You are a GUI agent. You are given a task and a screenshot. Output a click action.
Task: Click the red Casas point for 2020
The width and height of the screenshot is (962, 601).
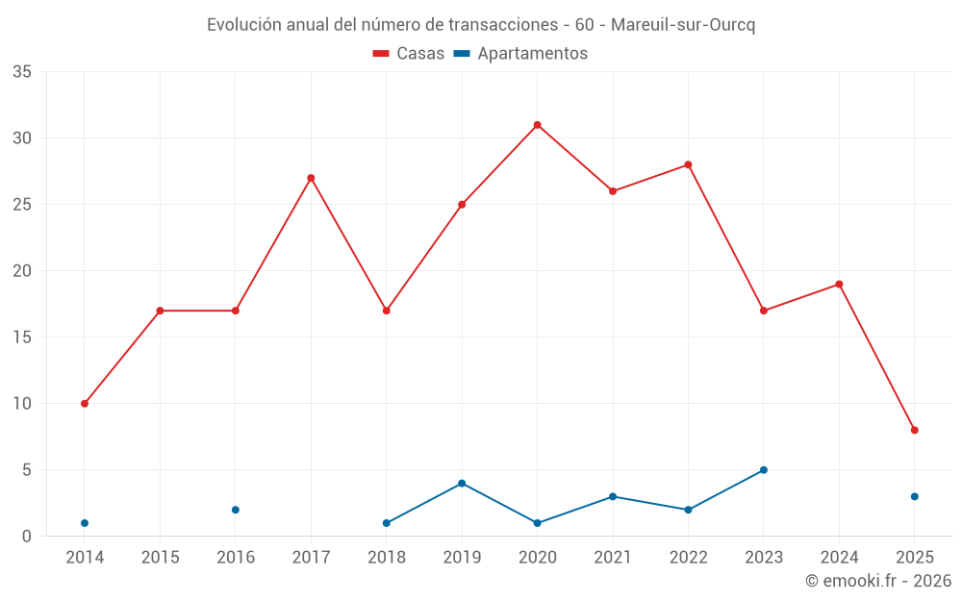[x=538, y=125]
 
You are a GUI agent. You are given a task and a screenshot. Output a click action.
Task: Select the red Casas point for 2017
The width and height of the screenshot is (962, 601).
[x=311, y=178]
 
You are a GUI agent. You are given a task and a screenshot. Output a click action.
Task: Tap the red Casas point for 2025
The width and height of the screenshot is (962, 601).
[x=915, y=430]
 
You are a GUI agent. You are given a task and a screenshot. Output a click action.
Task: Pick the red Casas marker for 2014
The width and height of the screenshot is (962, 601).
[x=85, y=404]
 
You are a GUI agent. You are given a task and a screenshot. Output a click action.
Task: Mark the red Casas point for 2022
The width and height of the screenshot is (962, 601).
[x=689, y=164]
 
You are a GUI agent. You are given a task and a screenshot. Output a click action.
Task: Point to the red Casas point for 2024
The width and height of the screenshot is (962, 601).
[x=839, y=285]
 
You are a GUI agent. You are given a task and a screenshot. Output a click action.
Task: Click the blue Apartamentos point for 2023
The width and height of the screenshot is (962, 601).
[x=764, y=470]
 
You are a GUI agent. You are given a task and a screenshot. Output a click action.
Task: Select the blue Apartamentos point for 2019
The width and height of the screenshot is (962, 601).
[x=462, y=484]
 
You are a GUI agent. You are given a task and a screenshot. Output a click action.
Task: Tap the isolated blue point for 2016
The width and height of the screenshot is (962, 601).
[x=236, y=510]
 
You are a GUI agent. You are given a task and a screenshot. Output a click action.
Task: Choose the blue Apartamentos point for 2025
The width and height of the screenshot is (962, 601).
[x=915, y=496]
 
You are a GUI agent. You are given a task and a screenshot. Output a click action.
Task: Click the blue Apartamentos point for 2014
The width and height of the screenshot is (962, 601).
[x=85, y=523]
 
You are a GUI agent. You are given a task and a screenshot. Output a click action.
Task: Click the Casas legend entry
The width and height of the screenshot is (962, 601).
[x=409, y=54]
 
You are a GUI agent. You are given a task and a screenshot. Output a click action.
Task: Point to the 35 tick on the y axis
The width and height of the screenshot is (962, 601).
[x=22, y=72]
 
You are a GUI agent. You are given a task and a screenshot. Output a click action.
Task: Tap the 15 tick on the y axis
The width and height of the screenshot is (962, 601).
[x=22, y=338]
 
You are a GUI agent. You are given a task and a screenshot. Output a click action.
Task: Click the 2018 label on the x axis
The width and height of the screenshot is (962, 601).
[x=387, y=557]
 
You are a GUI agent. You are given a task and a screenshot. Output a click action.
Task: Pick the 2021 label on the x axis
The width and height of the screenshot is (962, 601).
[x=613, y=557]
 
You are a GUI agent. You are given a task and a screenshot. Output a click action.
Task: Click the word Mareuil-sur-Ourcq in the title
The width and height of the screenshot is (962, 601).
[x=683, y=25]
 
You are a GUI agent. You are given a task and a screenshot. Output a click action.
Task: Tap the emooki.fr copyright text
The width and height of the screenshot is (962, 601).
[x=878, y=581]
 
